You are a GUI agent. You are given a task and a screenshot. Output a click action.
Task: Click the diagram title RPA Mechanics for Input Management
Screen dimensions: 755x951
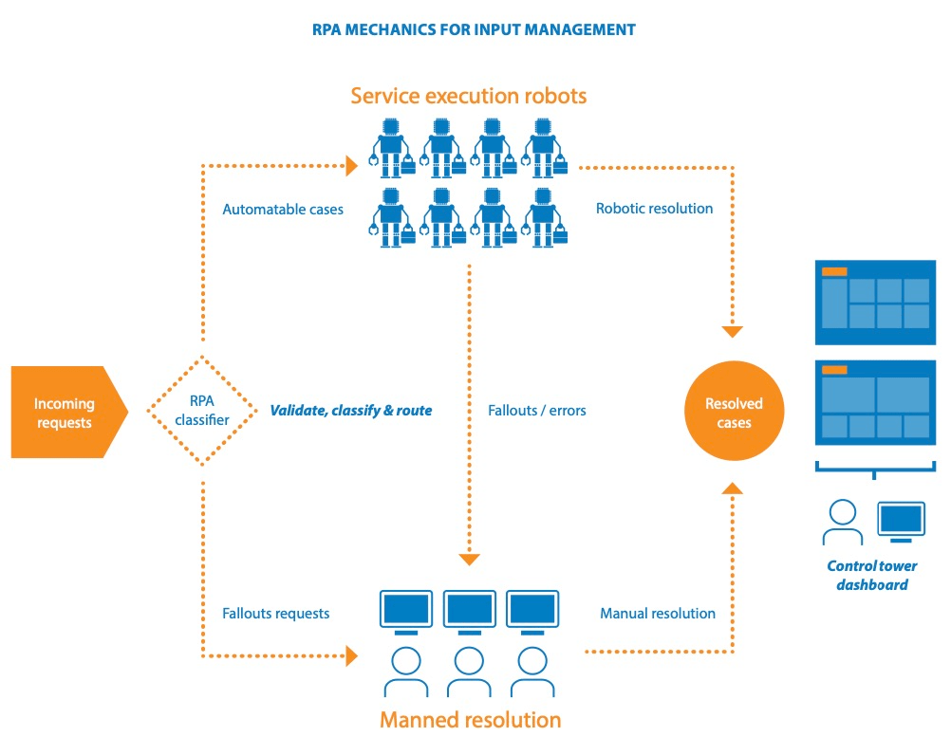tap(475, 29)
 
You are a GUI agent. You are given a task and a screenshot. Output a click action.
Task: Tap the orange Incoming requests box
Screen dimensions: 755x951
tap(65, 413)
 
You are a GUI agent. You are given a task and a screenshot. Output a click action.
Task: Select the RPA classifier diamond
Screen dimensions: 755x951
tap(202, 412)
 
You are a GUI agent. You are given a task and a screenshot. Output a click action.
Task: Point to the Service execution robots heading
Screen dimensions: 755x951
tap(469, 96)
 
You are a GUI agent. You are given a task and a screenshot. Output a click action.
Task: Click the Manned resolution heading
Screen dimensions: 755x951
tap(470, 719)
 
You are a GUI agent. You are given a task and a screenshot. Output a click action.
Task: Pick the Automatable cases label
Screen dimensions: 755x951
tap(283, 209)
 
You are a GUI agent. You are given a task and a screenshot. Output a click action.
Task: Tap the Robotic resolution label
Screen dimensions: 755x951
tap(654, 208)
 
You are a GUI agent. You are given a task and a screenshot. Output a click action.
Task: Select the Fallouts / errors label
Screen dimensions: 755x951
tap(537, 411)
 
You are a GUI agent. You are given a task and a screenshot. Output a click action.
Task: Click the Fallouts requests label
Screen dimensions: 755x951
tap(276, 614)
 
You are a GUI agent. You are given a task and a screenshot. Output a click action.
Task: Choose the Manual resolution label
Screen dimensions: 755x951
tap(658, 614)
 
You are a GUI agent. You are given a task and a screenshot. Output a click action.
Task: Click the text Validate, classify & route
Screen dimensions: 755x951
tap(351, 411)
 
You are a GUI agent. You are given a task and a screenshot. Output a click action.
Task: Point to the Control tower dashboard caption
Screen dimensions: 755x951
tap(872, 575)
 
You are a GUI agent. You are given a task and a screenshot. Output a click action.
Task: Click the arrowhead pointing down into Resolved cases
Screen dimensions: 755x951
tap(732, 332)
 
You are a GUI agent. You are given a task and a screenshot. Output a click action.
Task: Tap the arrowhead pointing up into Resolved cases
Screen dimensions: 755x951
tap(732, 488)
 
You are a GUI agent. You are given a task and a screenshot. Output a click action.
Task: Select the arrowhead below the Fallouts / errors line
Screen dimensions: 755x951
tap(469, 560)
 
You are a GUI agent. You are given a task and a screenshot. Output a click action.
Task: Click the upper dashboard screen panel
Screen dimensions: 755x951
tap(876, 301)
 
